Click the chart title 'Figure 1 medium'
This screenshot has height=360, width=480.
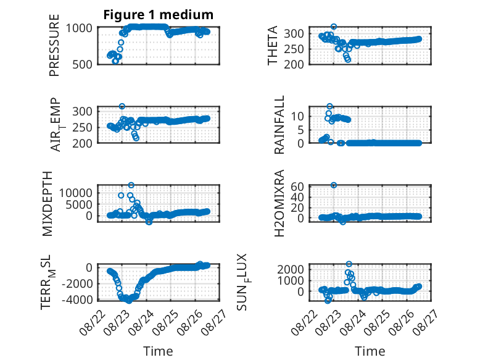coord(159,15)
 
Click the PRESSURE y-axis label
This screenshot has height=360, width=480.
coord(54,45)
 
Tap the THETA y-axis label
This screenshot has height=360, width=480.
coord(272,45)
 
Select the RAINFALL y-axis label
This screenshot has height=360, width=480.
coord(279,125)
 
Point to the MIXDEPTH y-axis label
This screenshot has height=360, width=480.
coord(48,204)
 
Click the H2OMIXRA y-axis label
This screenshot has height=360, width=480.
coord(279,203)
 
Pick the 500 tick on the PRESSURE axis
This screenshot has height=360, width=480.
coord(82,64)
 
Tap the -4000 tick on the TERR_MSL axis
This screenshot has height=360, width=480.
coord(77,299)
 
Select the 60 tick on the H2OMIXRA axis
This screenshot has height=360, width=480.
coord(297,186)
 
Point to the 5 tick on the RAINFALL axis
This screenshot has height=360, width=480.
coord(300,130)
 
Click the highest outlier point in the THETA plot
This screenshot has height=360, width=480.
coord(334,27)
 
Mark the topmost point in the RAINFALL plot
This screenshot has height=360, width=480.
coord(329,106)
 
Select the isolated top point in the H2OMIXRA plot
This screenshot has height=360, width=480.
coord(334,185)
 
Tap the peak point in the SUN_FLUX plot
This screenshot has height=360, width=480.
coord(349,264)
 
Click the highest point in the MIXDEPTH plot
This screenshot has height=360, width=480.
coord(131,185)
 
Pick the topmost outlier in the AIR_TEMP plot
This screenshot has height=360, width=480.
coord(122,106)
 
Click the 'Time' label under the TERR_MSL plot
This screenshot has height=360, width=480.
coord(159,351)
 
